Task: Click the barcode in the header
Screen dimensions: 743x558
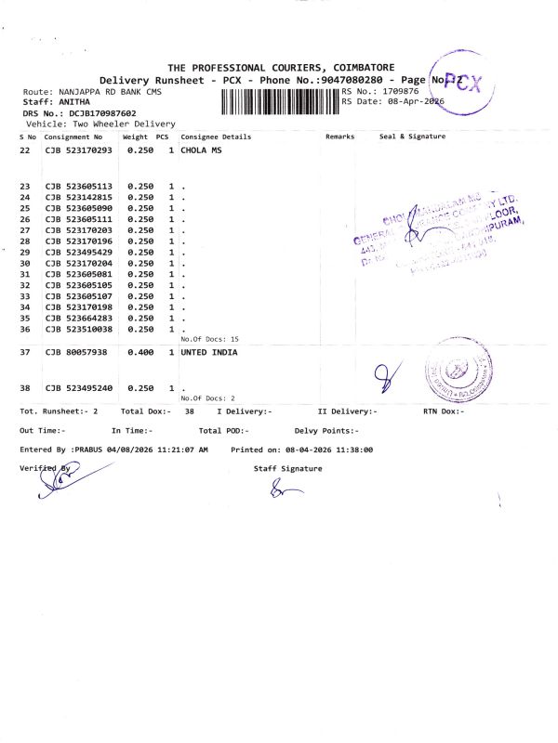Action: [275, 100]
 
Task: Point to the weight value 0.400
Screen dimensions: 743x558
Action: [139, 353]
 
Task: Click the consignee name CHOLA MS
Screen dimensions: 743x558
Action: [201, 150]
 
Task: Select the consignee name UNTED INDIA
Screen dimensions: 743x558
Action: [208, 353]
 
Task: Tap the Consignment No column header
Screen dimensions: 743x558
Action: [73, 137]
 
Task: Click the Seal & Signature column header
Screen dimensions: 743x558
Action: [412, 137]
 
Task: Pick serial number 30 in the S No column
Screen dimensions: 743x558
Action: [25, 263]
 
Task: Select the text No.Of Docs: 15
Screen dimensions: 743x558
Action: [209, 340]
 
